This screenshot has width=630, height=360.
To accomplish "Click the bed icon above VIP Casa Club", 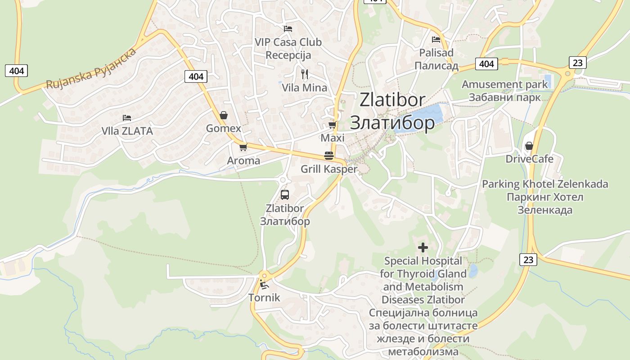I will click(x=288, y=29).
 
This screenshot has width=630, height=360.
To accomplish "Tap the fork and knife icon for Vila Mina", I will click(x=305, y=74).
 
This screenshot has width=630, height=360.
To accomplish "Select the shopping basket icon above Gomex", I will click(x=224, y=116).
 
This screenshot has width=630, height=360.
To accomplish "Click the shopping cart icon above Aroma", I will click(x=243, y=147).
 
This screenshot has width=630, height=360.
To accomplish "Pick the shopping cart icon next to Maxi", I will click(x=332, y=125).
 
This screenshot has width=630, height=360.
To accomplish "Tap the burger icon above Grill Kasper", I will click(x=329, y=156).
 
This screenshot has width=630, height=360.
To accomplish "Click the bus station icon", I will click(x=285, y=195).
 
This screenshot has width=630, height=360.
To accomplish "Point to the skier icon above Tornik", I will click(x=264, y=284).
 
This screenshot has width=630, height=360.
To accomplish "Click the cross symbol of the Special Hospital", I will click(x=423, y=247).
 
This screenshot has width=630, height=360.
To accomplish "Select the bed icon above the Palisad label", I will click(x=436, y=40).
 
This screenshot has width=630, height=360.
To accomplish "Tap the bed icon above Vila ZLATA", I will click(x=127, y=118).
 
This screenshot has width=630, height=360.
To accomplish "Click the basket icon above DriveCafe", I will click(x=529, y=146).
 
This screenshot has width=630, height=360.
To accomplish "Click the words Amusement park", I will click(x=504, y=84).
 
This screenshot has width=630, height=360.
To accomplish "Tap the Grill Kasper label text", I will click(x=329, y=169).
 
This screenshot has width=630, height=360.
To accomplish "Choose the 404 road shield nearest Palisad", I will click(x=486, y=64).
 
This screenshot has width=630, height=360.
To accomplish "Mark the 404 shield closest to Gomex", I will click(x=196, y=76).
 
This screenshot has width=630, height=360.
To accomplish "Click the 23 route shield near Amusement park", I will click(x=577, y=62).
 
